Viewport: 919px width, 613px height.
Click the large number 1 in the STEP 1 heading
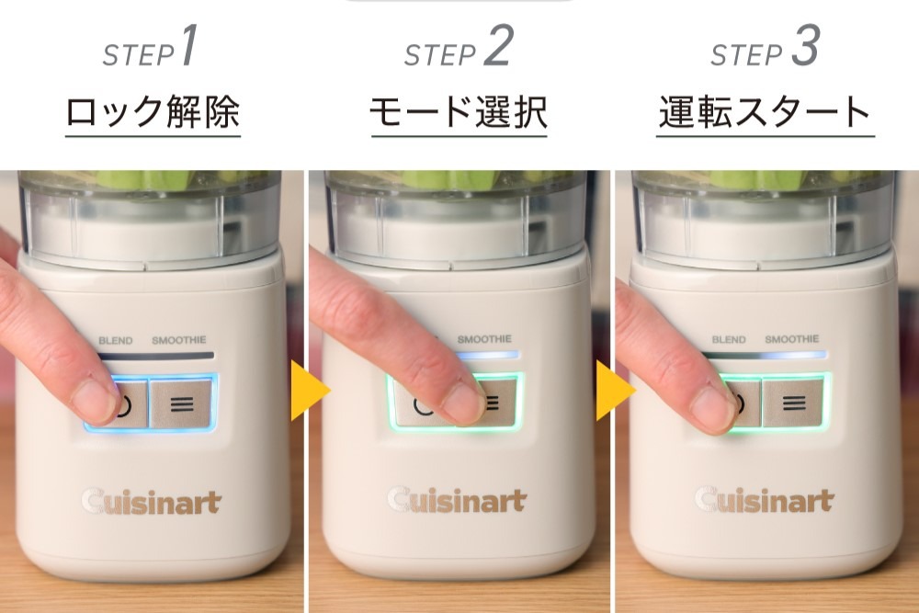pyautogui.click(x=187, y=48)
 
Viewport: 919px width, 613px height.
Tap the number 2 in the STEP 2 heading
pyautogui.click(x=497, y=48)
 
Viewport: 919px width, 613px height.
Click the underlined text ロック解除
pyautogui.click(x=153, y=113)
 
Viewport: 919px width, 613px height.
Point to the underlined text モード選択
pyautogui.click(x=459, y=113)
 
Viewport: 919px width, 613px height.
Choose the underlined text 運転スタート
pyautogui.click(x=765, y=113)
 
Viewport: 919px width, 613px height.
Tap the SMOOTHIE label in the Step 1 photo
pyautogui.click(x=179, y=340)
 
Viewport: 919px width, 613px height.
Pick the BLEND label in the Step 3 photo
pyautogui.click(x=729, y=340)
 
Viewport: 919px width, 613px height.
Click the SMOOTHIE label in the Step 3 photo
pyautogui.click(x=792, y=340)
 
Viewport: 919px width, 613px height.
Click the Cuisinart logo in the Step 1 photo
pyautogui.click(x=151, y=502)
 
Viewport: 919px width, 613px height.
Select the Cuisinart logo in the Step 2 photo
pyautogui.click(x=457, y=501)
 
